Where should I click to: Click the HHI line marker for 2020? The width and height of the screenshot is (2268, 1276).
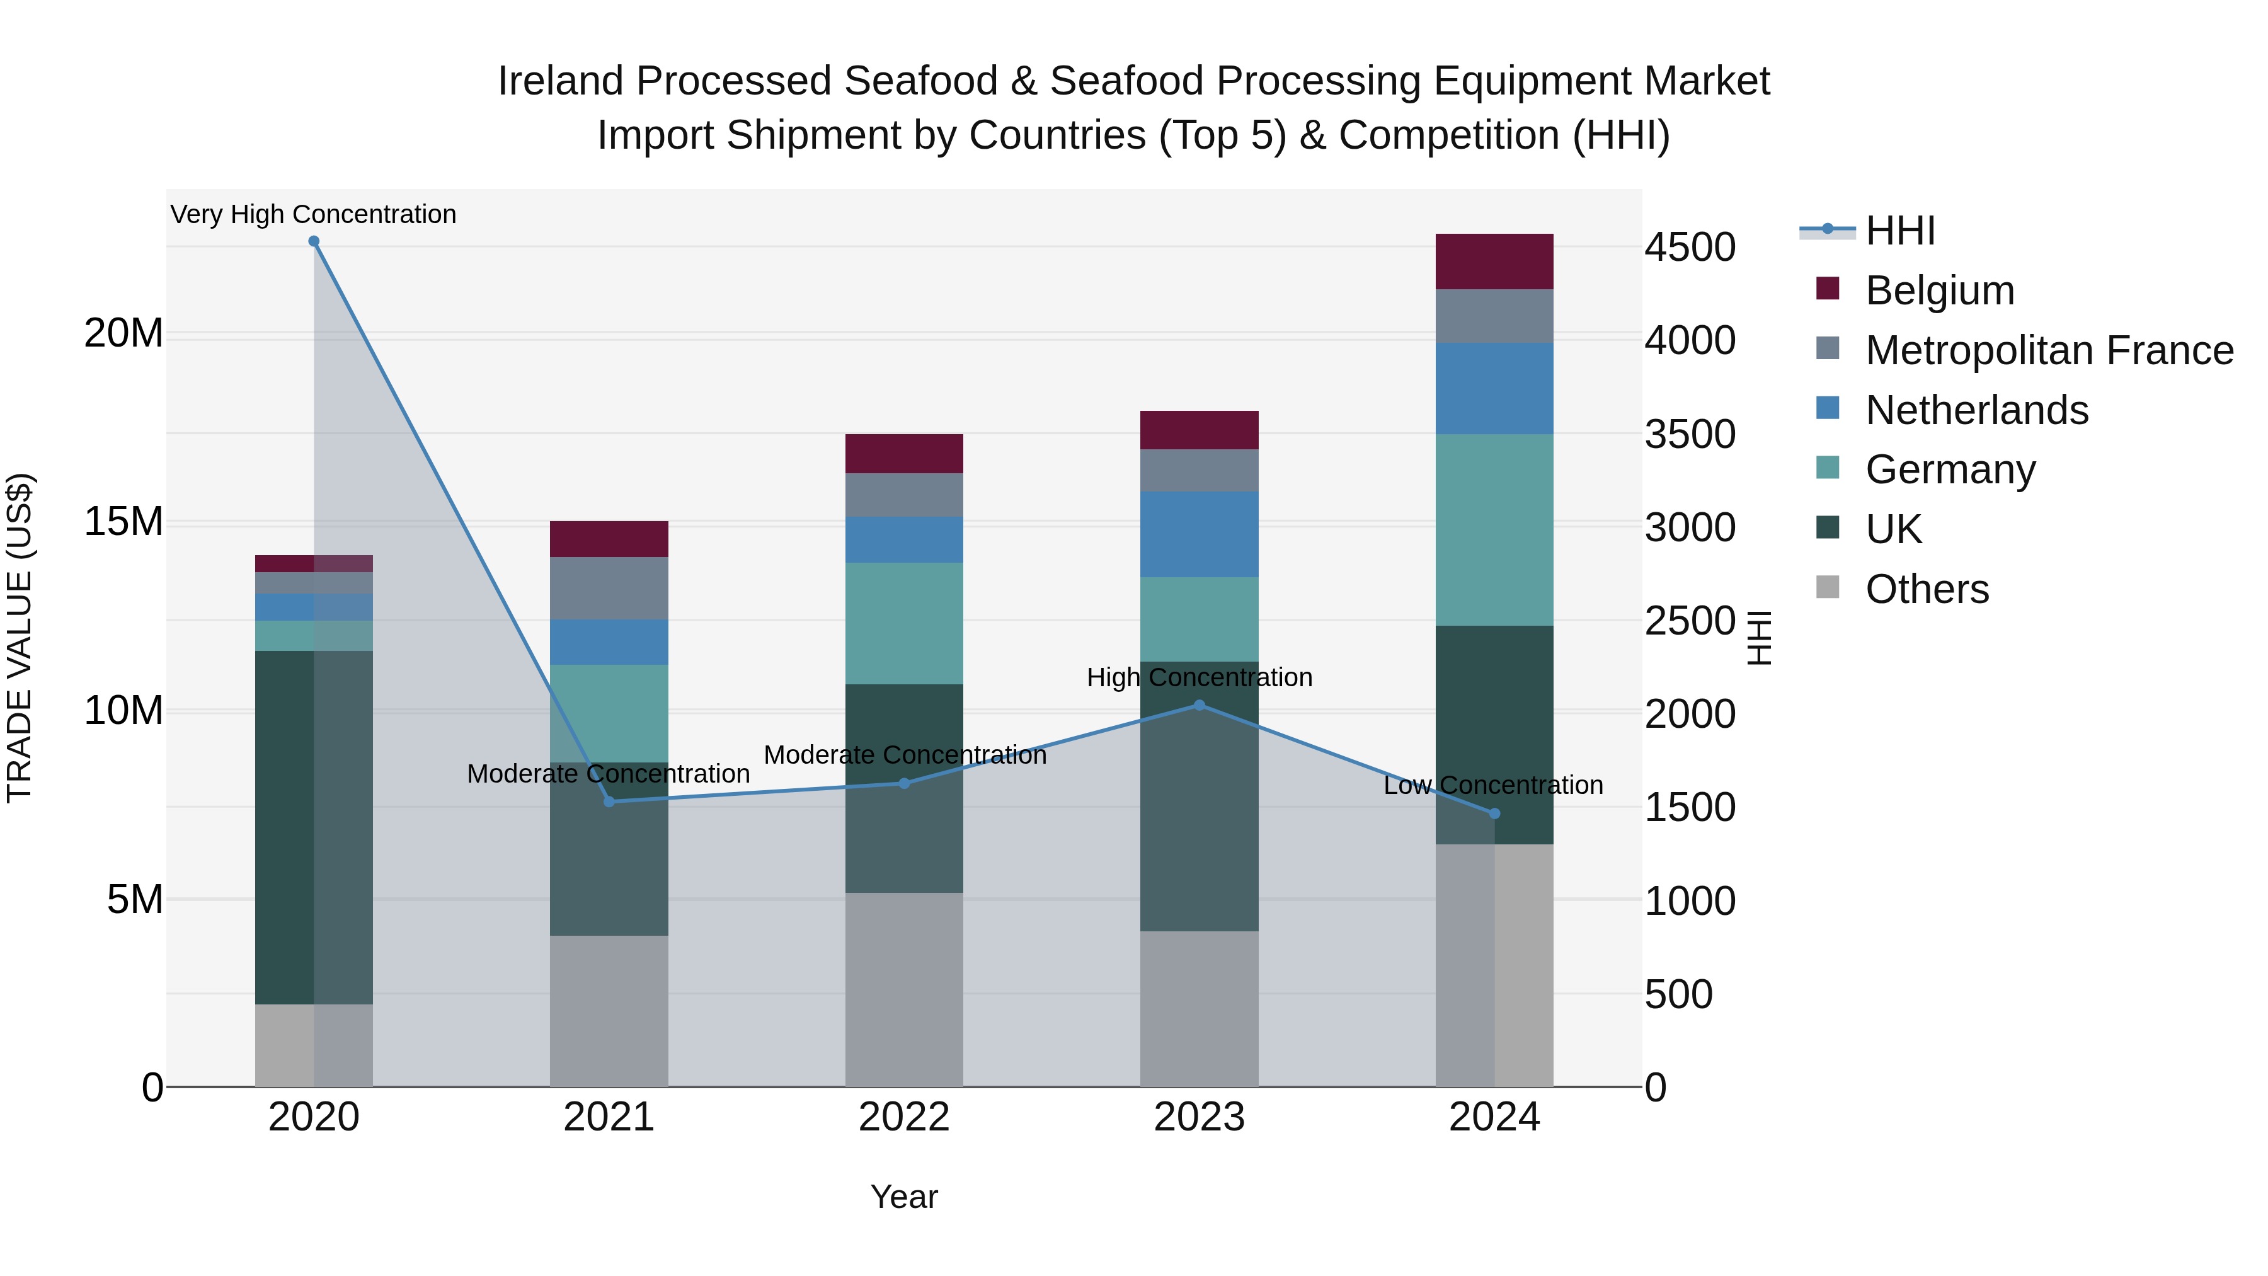pos(314,241)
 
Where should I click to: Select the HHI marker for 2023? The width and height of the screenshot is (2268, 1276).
pos(1199,705)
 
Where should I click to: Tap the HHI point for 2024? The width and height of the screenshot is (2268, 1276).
pos(1494,813)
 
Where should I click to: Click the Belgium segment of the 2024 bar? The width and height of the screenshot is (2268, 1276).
pos(1494,262)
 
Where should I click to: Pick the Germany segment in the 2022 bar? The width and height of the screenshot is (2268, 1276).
pos(904,623)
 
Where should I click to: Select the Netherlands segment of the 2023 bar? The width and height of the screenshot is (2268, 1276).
pos(1199,534)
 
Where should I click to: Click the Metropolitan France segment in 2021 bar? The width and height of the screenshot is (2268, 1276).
pos(609,589)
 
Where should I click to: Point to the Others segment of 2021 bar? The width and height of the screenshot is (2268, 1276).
pos(609,1011)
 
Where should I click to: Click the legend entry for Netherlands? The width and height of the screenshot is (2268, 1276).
pos(1976,410)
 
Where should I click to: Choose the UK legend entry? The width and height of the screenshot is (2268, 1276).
pos(1893,529)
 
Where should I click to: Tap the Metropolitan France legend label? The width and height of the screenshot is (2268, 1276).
pos(2049,350)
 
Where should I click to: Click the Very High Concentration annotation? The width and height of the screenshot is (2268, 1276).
pos(314,215)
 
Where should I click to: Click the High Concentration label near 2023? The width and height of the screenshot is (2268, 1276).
pos(1199,678)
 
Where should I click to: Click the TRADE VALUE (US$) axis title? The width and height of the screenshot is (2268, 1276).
pos(20,638)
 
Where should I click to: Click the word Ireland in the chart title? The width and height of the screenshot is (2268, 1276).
pos(560,81)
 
